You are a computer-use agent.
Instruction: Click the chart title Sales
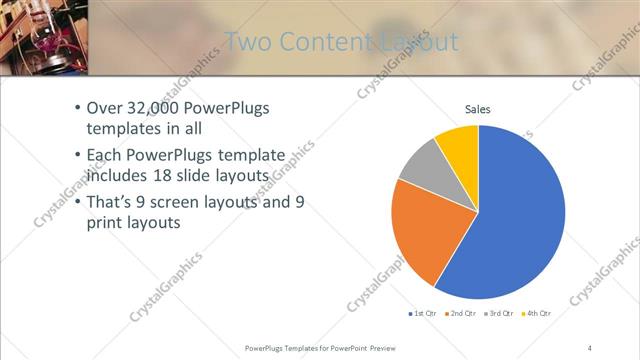pyautogui.click(x=478, y=110)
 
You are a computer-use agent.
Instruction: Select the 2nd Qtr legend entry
pyautogui.click(x=461, y=314)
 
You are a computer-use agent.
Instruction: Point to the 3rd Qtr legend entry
pyautogui.click(x=500, y=314)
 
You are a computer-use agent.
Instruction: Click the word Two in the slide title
pyautogui.click(x=245, y=42)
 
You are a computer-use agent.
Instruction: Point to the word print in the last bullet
pyautogui.click(x=102, y=223)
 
